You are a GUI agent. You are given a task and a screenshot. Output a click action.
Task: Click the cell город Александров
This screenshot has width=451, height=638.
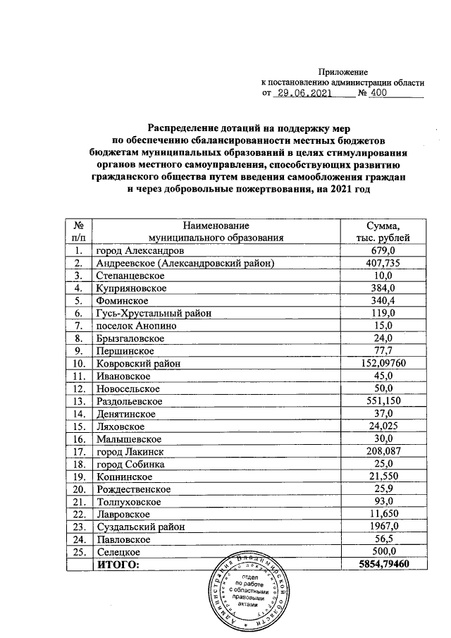click(x=141, y=251)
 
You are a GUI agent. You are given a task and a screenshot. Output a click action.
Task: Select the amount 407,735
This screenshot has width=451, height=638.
click(x=384, y=264)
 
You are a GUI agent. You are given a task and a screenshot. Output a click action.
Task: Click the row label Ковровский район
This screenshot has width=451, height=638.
click(x=138, y=364)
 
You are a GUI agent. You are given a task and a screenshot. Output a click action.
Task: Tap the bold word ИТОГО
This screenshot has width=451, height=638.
click(x=118, y=565)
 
